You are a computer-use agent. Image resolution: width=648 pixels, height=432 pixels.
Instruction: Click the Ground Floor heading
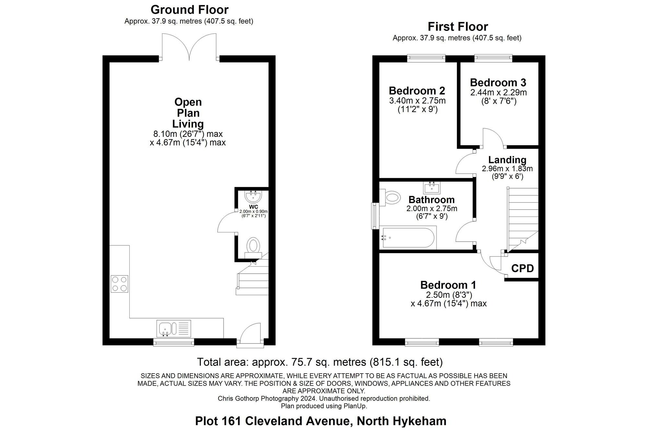click(190, 10)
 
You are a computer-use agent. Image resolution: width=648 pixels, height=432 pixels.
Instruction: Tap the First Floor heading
click(457, 27)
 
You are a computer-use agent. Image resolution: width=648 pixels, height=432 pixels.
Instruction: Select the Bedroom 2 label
click(417, 90)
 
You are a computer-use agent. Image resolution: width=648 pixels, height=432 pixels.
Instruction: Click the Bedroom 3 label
click(498, 82)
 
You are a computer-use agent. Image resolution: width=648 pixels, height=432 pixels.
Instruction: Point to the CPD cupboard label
click(522, 268)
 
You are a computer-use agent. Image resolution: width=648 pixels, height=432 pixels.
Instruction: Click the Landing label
click(507, 160)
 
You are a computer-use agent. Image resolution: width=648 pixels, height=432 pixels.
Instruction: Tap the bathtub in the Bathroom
click(408, 238)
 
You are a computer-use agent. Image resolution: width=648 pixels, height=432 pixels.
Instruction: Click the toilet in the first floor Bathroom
click(390, 197)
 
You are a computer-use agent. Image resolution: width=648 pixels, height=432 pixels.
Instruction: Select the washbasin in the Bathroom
click(432, 188)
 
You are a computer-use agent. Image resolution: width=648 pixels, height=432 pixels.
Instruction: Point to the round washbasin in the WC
click(253, 196)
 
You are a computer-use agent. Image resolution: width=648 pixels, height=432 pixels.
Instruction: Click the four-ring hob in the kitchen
click(119, 284)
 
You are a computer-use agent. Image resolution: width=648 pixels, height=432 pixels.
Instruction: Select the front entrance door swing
click(252, 333)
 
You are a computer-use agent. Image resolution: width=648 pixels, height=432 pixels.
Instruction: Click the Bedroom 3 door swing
click(492, 138)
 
